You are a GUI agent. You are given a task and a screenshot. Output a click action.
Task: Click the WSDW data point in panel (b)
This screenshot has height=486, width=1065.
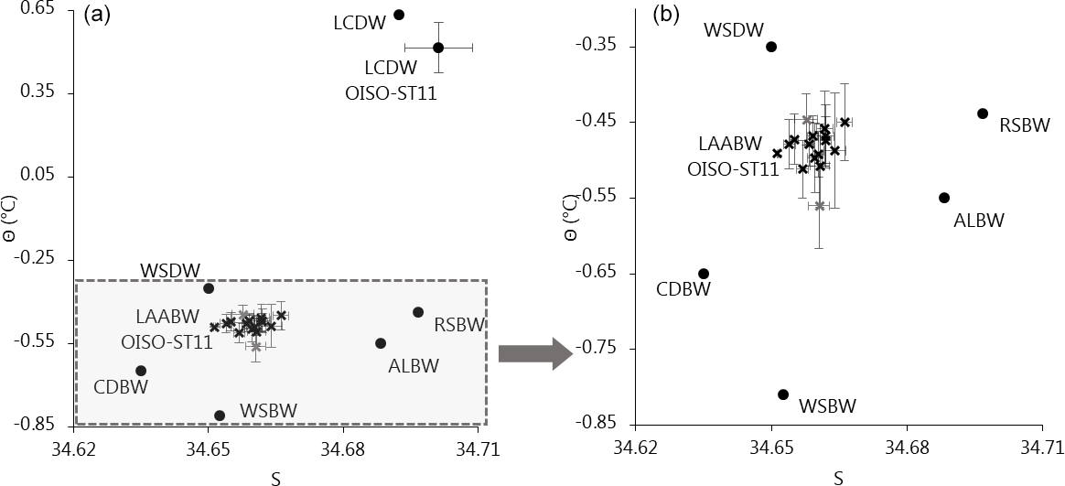click(x=771, y=47)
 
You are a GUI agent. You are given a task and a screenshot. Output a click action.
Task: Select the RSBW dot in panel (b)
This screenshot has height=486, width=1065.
click(x=983, y=113)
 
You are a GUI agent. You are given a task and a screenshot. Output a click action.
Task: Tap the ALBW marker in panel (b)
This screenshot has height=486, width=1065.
click(x=944, y=198)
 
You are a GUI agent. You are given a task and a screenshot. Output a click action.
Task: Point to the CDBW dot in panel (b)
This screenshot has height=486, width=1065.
click(x=704, y=274)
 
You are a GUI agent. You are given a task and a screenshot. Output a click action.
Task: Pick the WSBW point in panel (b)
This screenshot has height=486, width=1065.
click(x=783, y=394)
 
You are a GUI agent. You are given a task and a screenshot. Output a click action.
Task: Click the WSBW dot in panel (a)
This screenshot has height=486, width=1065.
click(x=220, y=416)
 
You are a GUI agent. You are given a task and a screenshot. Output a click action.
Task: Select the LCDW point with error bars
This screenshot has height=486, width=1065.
click(x=438, y=48)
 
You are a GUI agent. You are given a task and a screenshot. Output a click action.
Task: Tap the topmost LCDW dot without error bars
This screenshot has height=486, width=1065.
click(x=399, y=15)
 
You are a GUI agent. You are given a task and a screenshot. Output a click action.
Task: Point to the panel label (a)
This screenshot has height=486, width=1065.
click(x=97, y=15)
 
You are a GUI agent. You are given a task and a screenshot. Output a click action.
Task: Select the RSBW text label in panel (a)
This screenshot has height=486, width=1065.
click(x=459, y=324)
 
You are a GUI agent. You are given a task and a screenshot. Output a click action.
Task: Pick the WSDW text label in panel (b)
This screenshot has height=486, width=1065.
click(x=733, y=30)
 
